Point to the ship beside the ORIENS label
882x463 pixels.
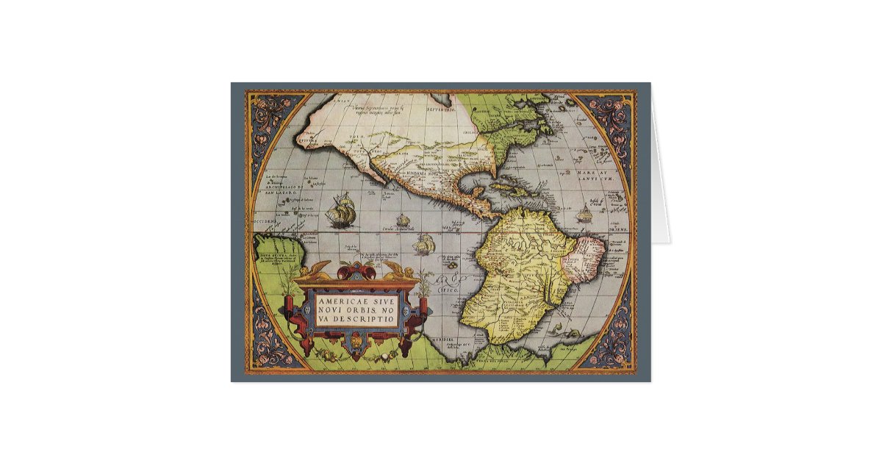click(584, 215)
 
